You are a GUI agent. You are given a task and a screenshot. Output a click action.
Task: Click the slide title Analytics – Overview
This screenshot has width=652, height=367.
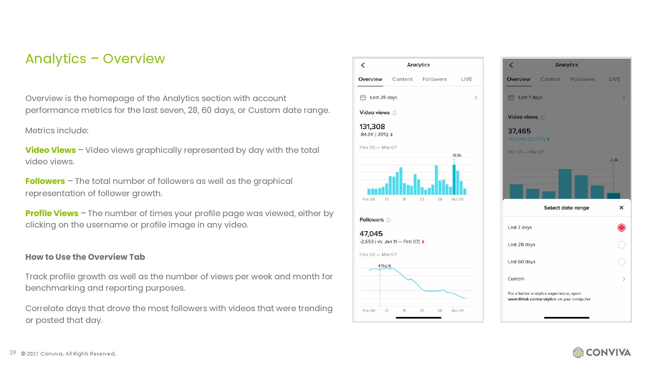pyautogui.click(x=95, y=59)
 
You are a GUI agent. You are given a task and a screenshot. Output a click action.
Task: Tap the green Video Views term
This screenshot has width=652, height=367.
pyautogui.click(x=51, y=150)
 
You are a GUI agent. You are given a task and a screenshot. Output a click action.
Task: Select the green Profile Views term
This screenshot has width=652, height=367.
pyautogui.click(x=52, y=213)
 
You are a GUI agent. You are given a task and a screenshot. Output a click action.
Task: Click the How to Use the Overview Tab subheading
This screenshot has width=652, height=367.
pyautogui.click(x=85, y=257)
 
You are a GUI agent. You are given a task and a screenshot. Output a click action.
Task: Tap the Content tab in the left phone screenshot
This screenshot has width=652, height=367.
pyautogui.click(x=402, y=79)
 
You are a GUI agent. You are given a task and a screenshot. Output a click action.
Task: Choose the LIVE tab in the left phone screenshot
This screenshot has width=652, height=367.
pyautogui.click(x=467, y=79)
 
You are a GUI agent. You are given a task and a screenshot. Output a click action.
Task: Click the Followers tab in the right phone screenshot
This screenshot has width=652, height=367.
pyautogui.click(x=582, y=79)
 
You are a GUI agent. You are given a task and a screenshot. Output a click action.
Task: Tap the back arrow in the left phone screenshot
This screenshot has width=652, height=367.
pyautogui.click(x=363, y=65)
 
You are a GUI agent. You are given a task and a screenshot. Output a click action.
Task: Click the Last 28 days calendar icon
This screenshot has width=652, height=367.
pyautogui.click(x=363, y=97)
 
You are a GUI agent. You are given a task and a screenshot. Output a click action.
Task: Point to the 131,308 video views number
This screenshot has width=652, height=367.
pyautogui.click(x=372, y=127)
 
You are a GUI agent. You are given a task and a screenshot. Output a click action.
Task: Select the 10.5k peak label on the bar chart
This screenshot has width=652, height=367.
pyautogui.click(x=457, y=155)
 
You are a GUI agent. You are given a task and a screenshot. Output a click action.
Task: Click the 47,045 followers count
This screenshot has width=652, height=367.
pyautogui.click(x=371, y=234)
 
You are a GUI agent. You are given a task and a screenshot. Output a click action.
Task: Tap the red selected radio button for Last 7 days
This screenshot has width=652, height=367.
pyautogui.click(x=621, y=228)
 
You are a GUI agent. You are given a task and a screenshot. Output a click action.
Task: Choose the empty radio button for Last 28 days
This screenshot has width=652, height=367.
pyautogui.click(x=621, y=245)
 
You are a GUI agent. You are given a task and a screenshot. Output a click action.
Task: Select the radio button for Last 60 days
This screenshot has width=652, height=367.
pyautogui.click(x=621, y=262)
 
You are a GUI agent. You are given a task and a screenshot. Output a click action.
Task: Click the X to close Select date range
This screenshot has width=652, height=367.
pyautogui.click(x=621, y=208)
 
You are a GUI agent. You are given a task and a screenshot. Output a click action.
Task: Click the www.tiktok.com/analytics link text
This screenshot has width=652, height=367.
pyautogui.click(x=532, y=299)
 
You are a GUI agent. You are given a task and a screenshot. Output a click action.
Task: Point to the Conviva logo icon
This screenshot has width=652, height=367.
pyautogui.click(x=578, y=352)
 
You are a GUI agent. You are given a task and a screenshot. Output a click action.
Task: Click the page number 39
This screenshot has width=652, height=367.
pyautogui.click(x=13, y=353)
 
